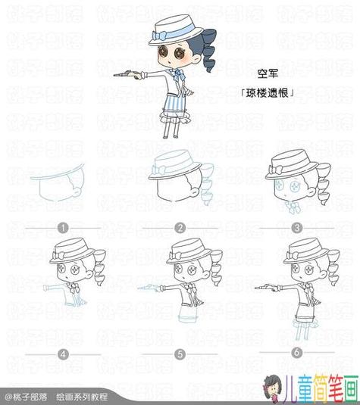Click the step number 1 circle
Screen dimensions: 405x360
(x=63, y=227)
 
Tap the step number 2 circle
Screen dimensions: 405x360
(x=180, y=227)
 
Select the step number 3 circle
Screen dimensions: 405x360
(x=297, y=227)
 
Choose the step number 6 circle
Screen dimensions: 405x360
(x=297, y=353)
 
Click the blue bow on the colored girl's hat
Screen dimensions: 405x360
(x=161, y=35)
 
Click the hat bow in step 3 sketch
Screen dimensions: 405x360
(x=277, y=167)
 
